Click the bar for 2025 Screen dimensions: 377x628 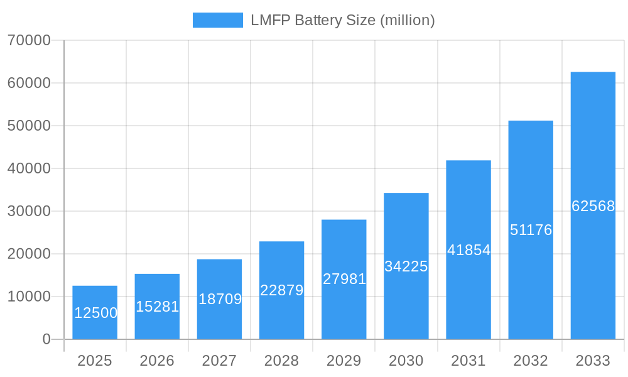coord(95,312)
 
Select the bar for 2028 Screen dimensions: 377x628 coord(281,290)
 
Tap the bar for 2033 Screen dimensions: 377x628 coord(593,205)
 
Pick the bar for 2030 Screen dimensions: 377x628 coord(406,266)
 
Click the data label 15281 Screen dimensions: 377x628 coord(158,307)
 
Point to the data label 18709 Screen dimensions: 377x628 coord(220,299)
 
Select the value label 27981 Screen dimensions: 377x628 coord(344,279)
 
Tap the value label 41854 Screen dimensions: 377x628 coord(468,250)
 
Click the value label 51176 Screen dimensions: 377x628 coord(531,230)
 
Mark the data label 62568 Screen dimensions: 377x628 coord(593,206)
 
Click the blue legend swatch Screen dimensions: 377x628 coord(217,20)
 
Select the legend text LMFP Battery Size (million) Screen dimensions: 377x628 coord(342,20)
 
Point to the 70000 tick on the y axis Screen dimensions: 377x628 coord(29,40)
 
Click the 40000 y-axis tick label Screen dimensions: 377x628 coord(29,168)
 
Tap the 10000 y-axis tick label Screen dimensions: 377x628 coord(29,297)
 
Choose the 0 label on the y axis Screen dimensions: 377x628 coord(46,339)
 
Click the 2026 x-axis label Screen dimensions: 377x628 coord(157,361)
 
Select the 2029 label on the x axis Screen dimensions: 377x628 coord(344,361)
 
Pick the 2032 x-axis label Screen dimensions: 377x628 coord(531,361)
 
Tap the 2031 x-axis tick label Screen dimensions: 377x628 coord(468,361)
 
